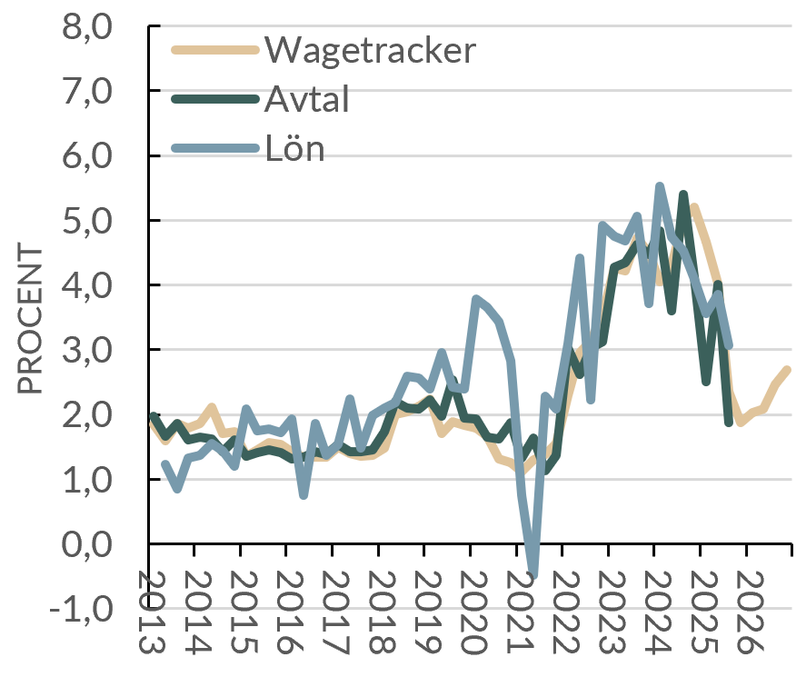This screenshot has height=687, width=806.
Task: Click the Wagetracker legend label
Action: point(369,50)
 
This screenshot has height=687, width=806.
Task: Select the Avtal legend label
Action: point(306,99)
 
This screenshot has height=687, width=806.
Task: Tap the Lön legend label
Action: point(294,148)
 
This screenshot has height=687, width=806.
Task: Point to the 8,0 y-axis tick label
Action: point(86,26)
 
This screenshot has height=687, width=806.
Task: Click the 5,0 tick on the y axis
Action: point(86,221)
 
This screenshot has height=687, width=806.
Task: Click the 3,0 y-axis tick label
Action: point(86,350)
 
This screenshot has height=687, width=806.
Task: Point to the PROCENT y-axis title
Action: point(31,318)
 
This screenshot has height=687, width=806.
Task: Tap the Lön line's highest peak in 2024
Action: point(660,187)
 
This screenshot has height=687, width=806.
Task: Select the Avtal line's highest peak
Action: point(683,194)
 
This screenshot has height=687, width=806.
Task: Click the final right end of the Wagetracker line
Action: point(788,370)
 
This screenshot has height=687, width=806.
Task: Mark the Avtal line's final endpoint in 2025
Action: point(730,422)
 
